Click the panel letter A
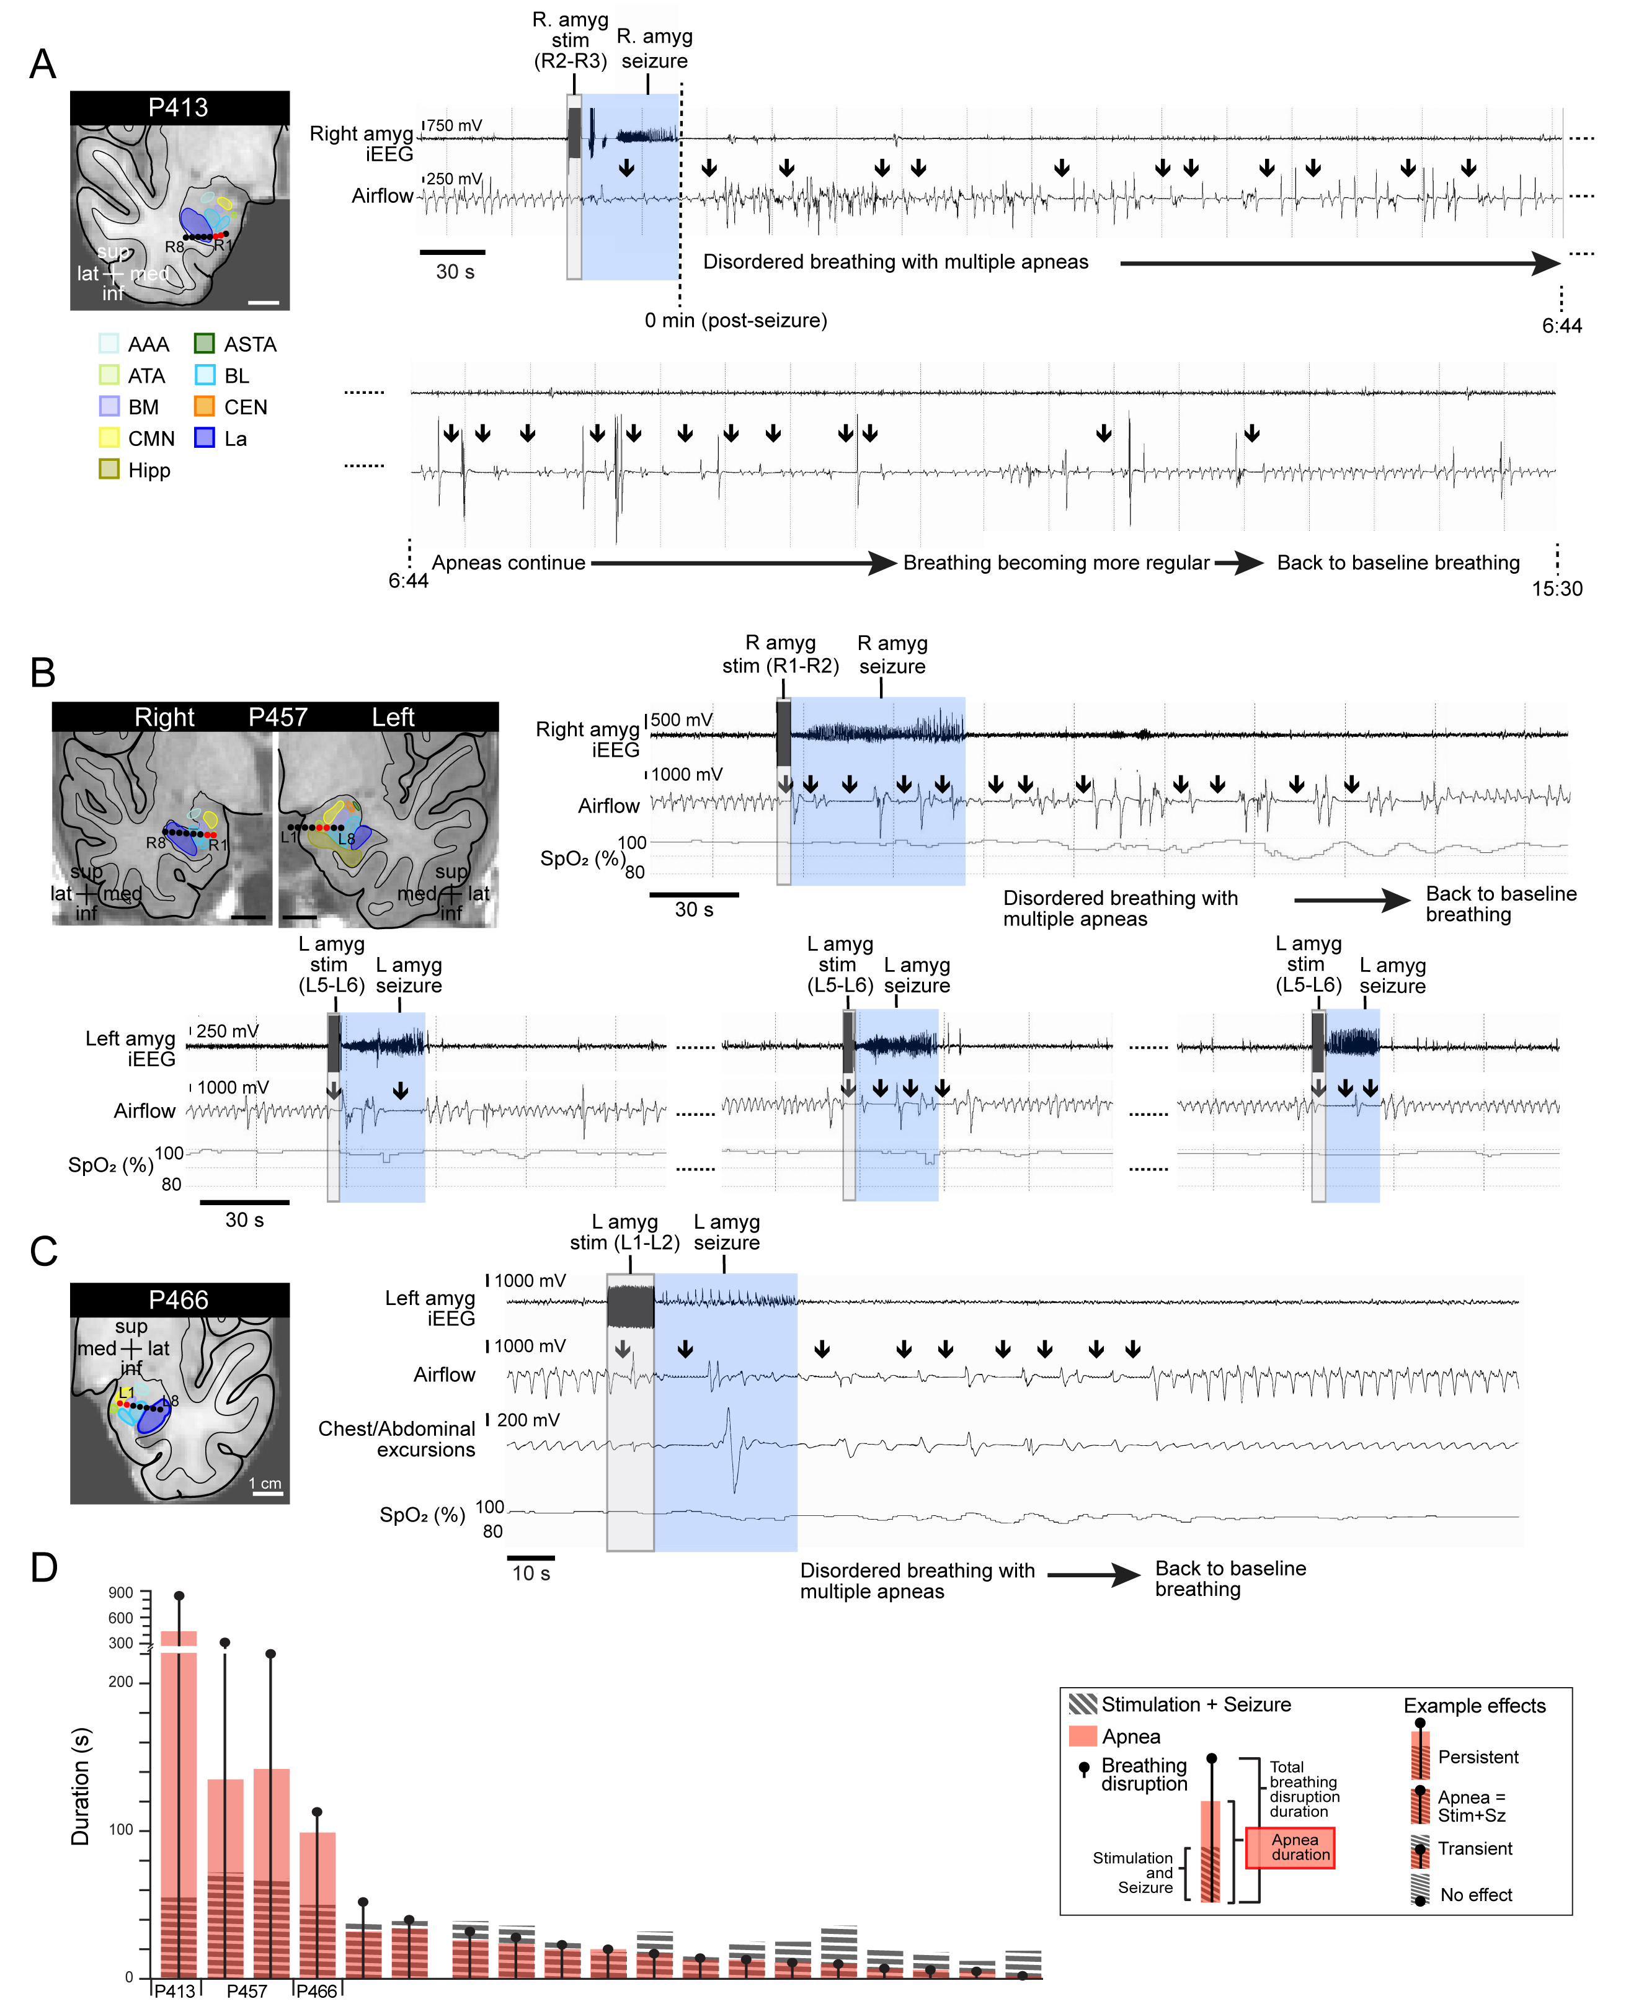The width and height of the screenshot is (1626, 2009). coord(43,65)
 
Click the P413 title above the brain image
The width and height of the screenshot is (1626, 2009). coord(178,108)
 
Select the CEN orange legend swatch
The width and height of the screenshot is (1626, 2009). coord(204,406)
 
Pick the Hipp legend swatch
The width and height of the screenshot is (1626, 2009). coord(109,470)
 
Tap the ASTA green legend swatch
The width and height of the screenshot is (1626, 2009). coord(204,344)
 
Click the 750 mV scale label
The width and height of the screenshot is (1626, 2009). coord(455,125)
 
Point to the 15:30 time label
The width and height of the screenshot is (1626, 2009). coord(1557,589)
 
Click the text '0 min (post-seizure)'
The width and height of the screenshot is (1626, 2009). coord(735,320)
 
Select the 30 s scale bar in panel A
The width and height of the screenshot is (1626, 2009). coord(453,252)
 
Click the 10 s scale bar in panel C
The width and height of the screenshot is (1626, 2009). coord(530,1557)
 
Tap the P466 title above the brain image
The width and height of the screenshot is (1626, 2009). coord(178,1300)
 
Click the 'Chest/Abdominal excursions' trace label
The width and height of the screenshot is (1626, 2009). coord(397,1438)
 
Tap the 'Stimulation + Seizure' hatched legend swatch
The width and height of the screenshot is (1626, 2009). coord(1083,1704)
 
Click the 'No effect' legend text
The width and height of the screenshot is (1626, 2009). coord(1475,1895)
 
